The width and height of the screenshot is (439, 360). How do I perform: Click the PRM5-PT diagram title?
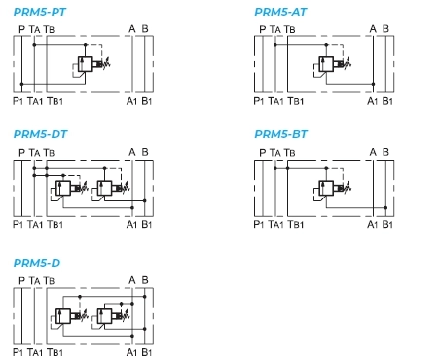pos(40,12)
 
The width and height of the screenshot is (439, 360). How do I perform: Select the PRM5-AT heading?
pos(280,12)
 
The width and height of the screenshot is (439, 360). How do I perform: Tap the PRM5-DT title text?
pos(40,134)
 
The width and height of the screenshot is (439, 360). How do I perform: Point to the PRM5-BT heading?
pos(280,134)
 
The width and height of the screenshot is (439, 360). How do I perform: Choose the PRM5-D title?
pos(37,263)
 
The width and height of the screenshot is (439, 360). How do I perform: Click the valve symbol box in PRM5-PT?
pos(86,64)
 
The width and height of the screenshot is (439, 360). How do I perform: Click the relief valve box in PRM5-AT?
pos(326,64)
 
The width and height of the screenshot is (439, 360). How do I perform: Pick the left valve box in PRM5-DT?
pos(63,188)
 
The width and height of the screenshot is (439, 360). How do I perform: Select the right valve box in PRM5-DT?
pos(104,188)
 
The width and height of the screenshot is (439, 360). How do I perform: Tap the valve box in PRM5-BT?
pos(326,188)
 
